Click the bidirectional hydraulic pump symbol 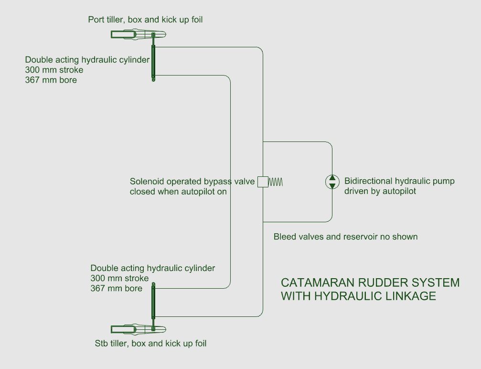pyautogui.click(x=332, y=182)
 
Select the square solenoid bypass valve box pyautogui.click(x=262, y=182)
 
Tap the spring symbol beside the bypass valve pyautogui.click(x=276, y=182)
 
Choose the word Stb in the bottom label pyautogui.click(x=101, y=343)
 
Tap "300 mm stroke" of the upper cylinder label pyautogui.click(x=54, y=70)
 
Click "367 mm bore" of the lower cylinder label pyautogui.click(x=116, y=288)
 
